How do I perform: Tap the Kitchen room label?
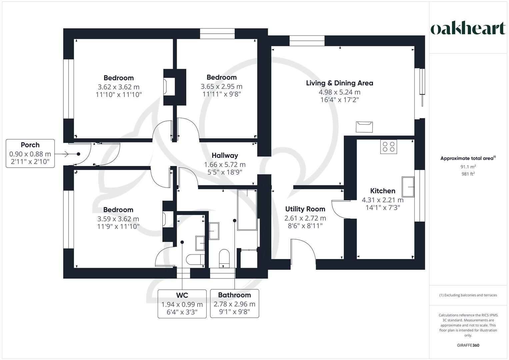[x=383, y=191]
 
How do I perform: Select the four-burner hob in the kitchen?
[x=389, y=147]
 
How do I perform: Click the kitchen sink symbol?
[x=408, y=187]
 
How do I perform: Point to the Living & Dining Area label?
[x=339, y=83]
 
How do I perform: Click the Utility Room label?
[x=305, y=209]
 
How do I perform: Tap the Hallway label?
[x=225, y=155]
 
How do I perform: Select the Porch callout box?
[x=30, y=153]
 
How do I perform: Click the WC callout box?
[x=182, y=304]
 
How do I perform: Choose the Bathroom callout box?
[x=235, y=303]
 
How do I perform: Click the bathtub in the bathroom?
[x=247, y=210]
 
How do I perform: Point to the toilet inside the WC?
[x=195, y=259]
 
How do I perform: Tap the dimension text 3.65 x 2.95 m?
[x=222, y=87]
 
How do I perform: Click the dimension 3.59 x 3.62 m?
[x=118, y=219]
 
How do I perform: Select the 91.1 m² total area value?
[x=468, y=167]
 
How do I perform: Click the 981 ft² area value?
[x=468, y=174]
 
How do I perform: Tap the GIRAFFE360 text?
[x=468, y=345]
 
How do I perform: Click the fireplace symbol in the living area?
[x=364, y=127]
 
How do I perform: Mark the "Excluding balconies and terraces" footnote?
[x=468, y=295]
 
